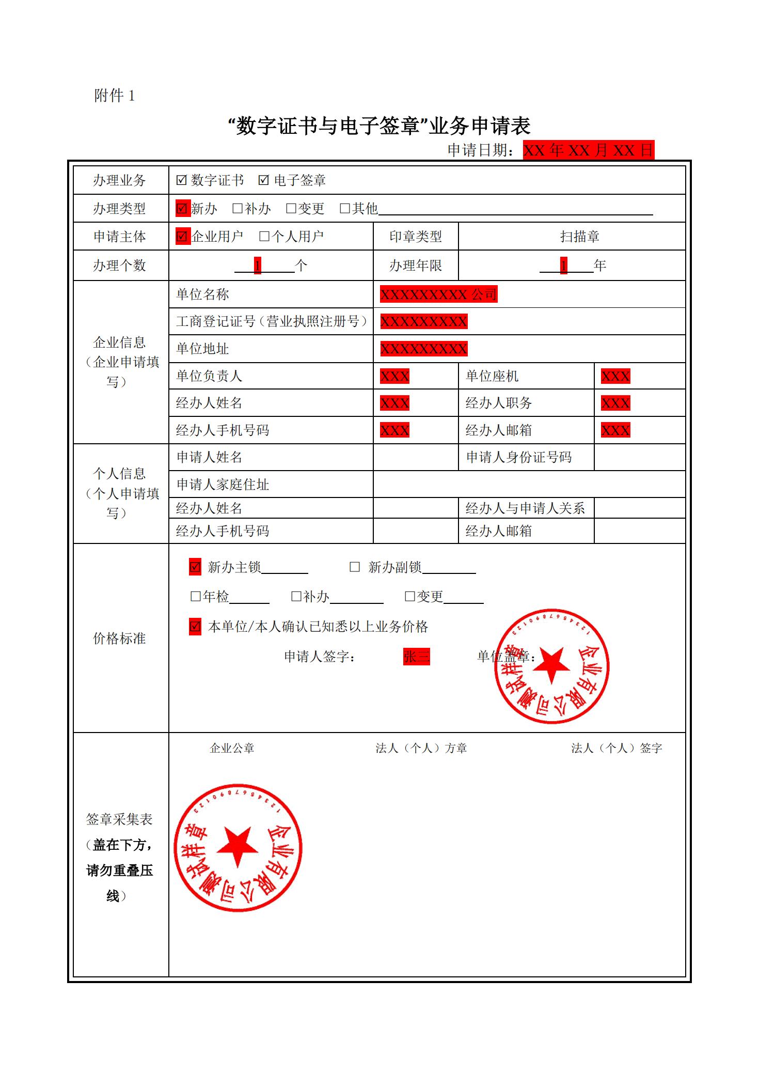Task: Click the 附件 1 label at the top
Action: point(114,96)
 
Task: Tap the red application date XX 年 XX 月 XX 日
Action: point(588,150)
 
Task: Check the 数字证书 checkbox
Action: point(181,180)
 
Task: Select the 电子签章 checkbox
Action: point(264,180)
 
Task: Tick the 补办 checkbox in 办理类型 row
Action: point(238,209)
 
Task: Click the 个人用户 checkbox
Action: point(264,237)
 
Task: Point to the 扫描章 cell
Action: point(579,237)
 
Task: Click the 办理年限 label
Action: point(415,266)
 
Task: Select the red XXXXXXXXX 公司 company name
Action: point(438,294)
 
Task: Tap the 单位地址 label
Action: point(202,349)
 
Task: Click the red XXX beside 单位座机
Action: point(615,376)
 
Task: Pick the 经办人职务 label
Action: point(498,403)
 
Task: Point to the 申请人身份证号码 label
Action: point(519,457)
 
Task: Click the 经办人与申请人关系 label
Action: point(525,508)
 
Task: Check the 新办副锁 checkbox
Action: point(355,567)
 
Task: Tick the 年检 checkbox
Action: point(196,597)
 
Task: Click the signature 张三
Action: point(416,657)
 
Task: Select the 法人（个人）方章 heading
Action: point(421,748)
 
